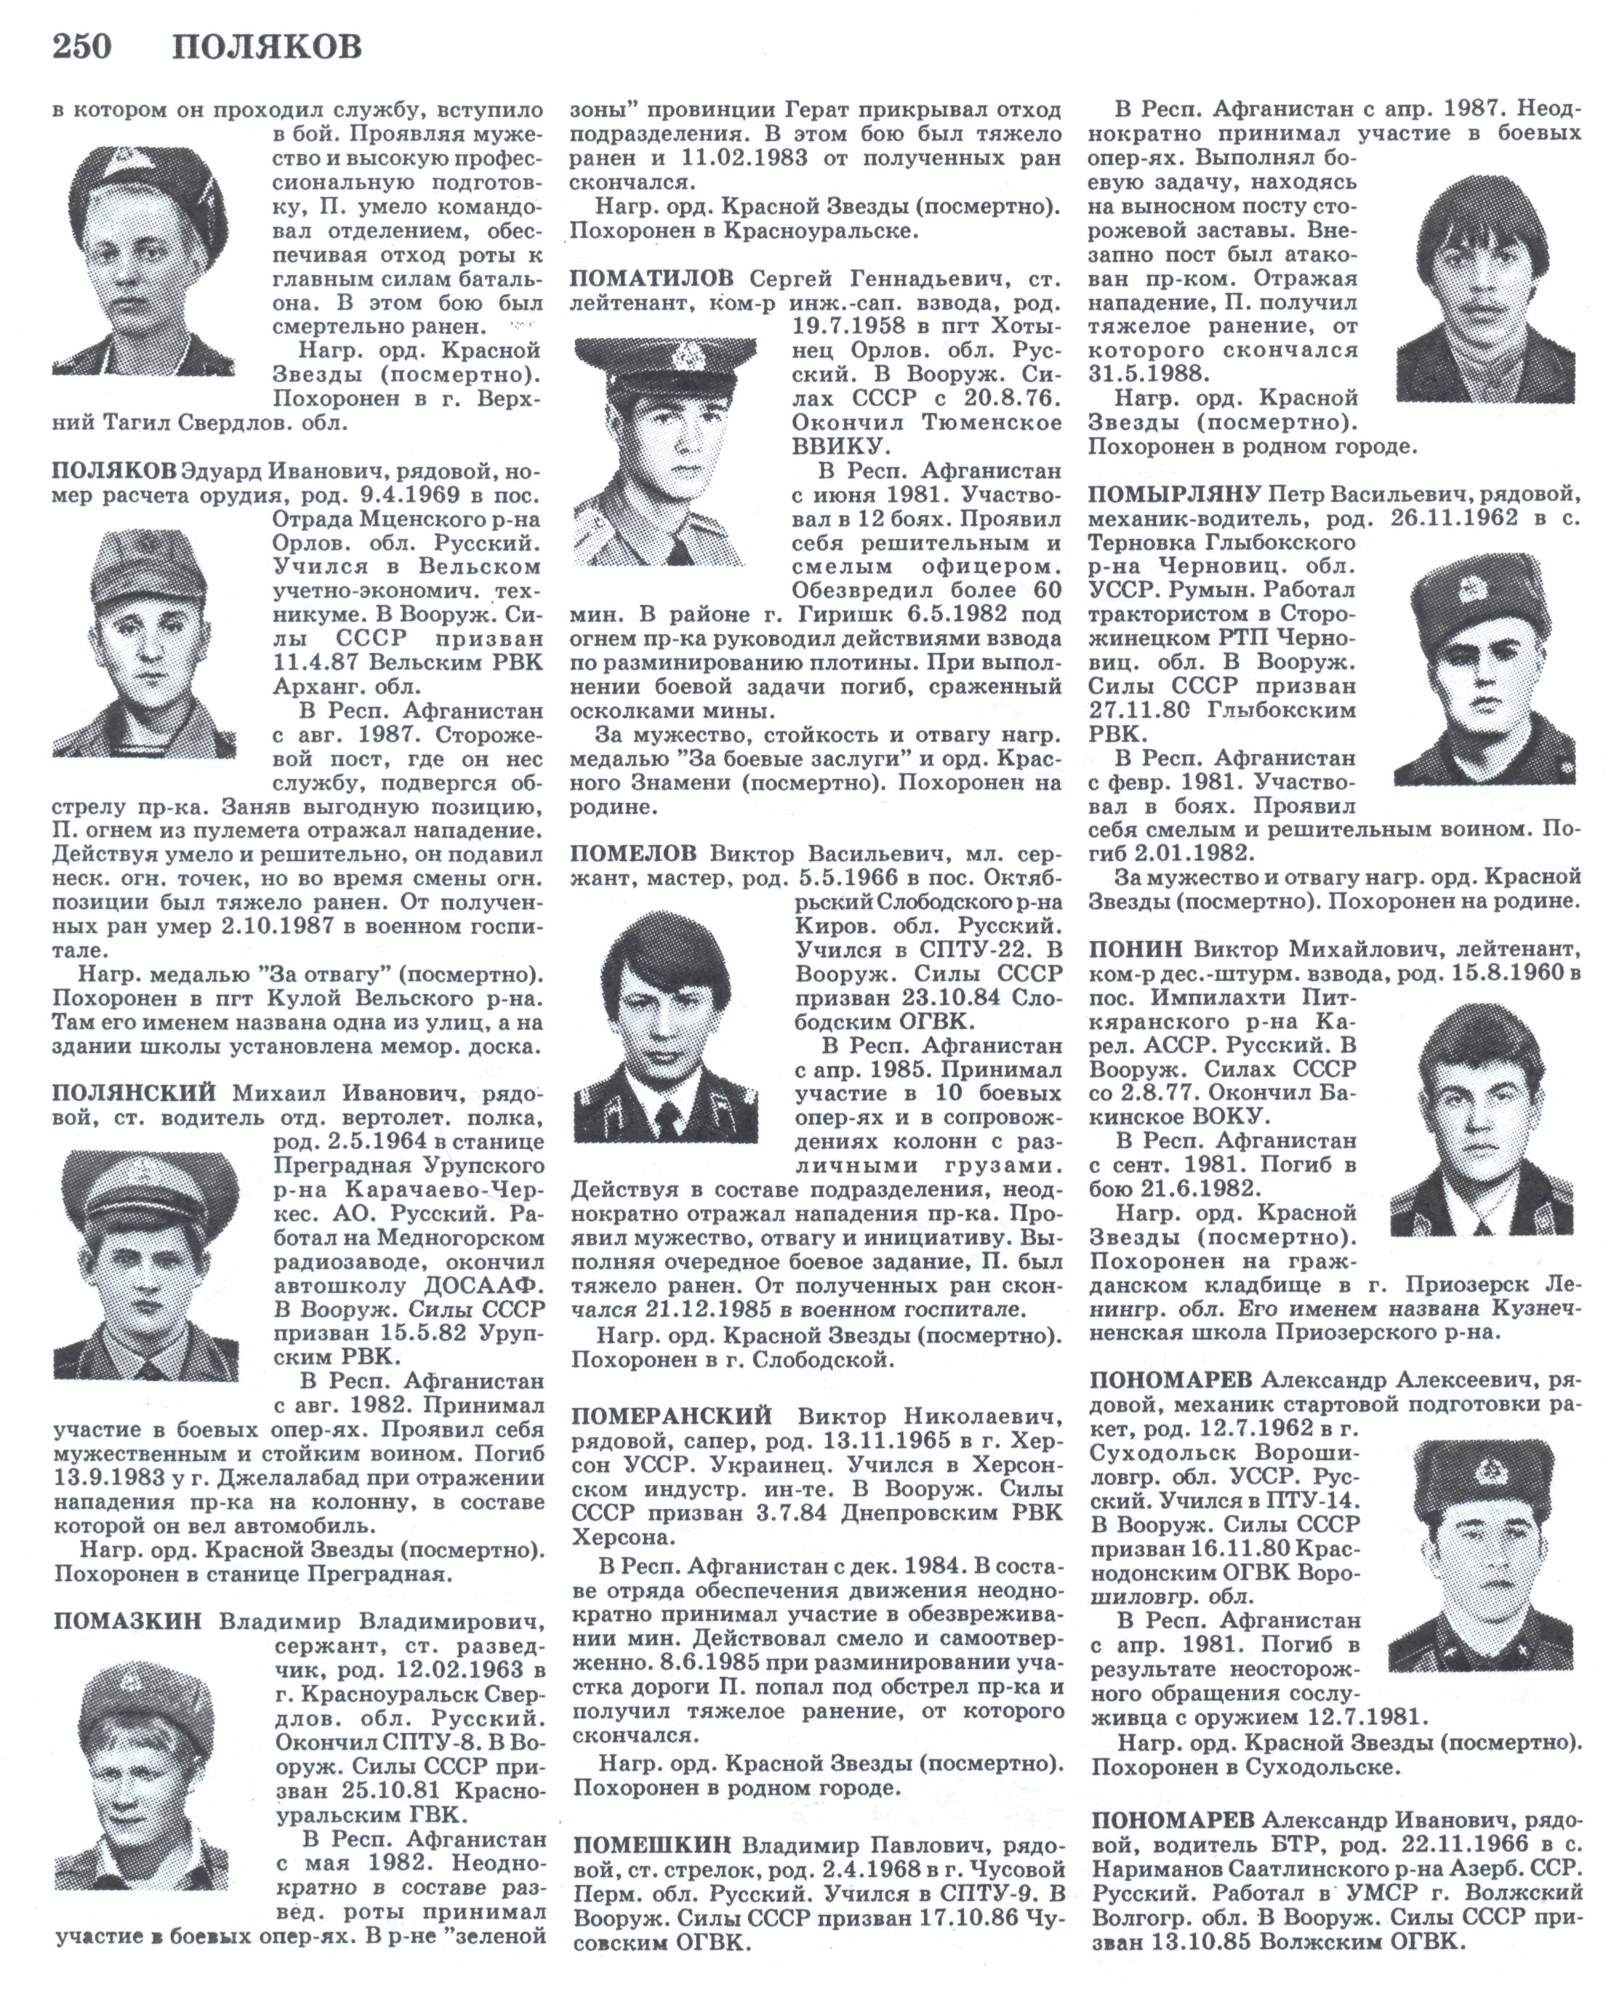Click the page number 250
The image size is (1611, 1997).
click(81, 46)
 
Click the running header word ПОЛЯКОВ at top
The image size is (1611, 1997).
click(268, 46)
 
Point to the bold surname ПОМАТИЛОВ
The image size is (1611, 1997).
click(651, 279)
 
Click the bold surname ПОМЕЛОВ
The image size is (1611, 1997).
click(633, 853)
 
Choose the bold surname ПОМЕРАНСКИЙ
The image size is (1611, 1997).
click(671, 1416)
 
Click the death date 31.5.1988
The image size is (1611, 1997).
click(1148, 374)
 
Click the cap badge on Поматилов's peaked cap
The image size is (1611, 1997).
click(688, 355)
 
